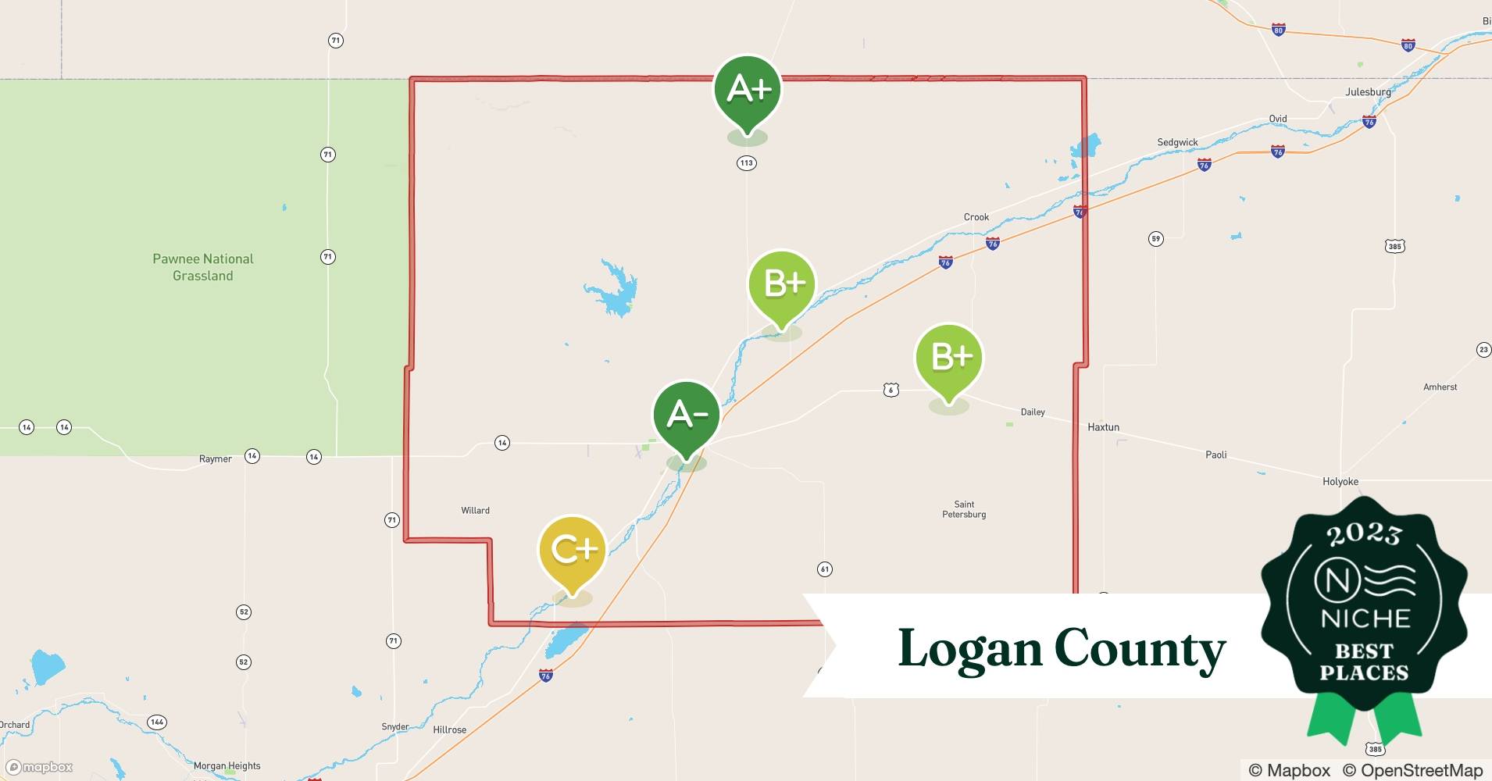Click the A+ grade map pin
click(x=747, y=91)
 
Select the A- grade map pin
click(x=686, y=416)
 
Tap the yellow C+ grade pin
click(x=573, y=551)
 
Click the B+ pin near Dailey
click(x=949, y=359)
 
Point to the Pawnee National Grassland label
click(x=203, y=267)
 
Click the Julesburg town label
click(x=1368, y=92)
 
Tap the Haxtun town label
click(x=1103, y=427)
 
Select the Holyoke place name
click(x=1340, y=482)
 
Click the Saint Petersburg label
click(x=964, y=509)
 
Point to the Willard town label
click(x=475, y=511)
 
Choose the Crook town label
click(x=976, y=217)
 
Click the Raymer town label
click(x=215, y=459)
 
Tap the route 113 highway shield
click(x=746, y=163)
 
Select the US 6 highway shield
click(x=891, y=390)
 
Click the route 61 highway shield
click(x=824, y=569)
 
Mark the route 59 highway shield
click(x=1156, y=239)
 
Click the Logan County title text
click(x=1061, y=649)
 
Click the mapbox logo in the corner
click(x=40, y=767)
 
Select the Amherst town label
click(x=1440, y=387)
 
